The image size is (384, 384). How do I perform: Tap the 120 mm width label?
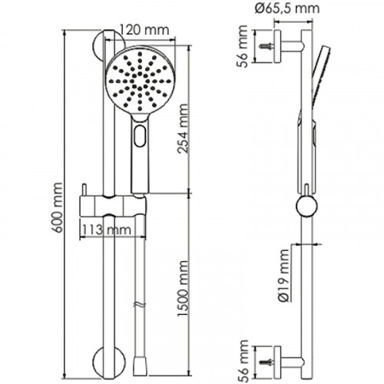click(x=144, y=30)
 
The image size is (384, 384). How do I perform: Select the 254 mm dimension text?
click(x=184, y=128)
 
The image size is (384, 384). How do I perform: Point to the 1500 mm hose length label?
click(x=184, y=289)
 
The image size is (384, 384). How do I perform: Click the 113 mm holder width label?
click(x=107, y=230)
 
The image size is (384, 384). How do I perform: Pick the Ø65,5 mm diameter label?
click(x=287, y=8)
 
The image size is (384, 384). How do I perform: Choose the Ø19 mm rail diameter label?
click(x=284, y=276)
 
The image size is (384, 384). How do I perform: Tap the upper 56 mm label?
click(x=243, y=46)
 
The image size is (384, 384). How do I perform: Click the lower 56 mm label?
click(x=243, y=361)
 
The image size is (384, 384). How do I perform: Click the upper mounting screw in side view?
click(x=266, y=46)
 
